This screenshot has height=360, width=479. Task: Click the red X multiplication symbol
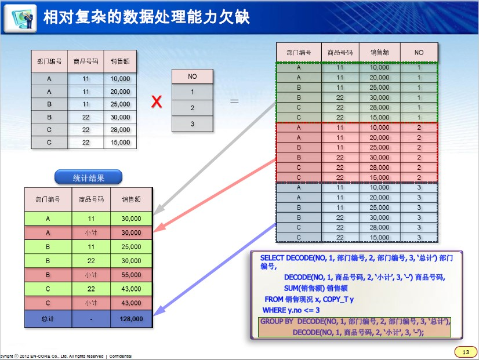[156, 103]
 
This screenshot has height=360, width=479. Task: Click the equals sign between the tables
[235, 101]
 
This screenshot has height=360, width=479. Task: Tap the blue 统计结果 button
[88, 178]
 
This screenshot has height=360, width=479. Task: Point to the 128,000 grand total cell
[131, 318]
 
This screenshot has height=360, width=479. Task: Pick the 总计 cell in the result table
[48, 318]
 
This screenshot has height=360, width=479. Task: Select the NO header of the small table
[193, 77]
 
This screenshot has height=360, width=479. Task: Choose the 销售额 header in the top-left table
[120, 60]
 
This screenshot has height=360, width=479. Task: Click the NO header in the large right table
[419, 52]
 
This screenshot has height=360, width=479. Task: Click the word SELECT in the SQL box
[273, 257]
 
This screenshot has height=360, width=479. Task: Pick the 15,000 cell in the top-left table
[120, 142]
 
